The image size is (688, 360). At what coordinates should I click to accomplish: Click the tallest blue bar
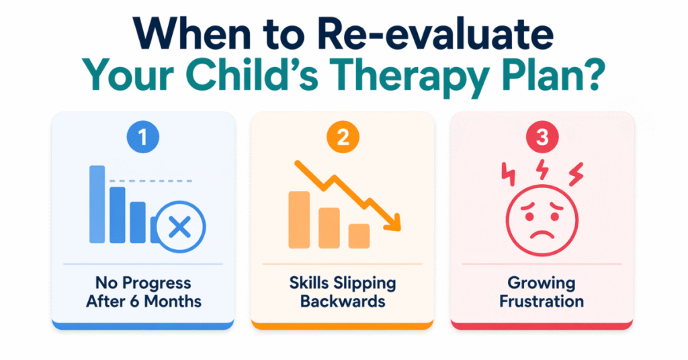click(97, 204)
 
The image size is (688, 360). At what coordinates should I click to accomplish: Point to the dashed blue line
click(151, 181)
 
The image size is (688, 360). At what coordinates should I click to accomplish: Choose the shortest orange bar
click(359, 235)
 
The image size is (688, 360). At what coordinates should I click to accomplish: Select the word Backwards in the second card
click(343, 301)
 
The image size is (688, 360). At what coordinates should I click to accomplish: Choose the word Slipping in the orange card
click(369, 282)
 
